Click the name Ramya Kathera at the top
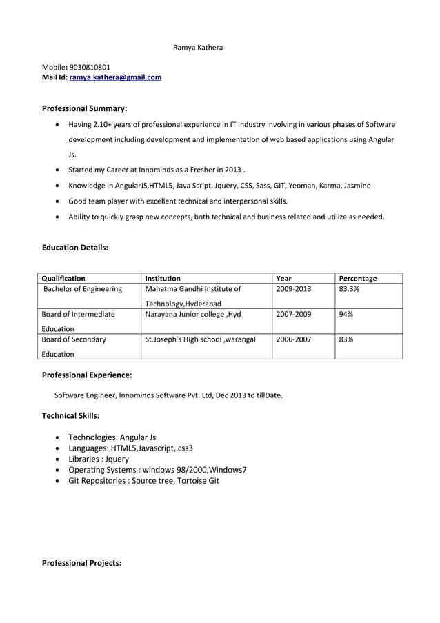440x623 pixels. point(197,47)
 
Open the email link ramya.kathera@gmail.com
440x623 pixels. point(115,77)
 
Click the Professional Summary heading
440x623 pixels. point(85,108)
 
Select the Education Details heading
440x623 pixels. point(75,246)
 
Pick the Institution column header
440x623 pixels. point(163,279)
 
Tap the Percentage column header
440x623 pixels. point(358,279)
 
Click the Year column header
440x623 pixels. point(283,279)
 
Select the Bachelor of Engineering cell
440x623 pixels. point(83,289)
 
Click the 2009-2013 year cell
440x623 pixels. point(293,289)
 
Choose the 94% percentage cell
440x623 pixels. point(346,314)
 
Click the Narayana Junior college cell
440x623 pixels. point(193,314)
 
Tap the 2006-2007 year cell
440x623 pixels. point(293,339)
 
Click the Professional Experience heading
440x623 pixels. point(87,375)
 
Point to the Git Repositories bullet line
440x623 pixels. point(143,480)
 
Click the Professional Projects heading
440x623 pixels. point(81,563)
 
